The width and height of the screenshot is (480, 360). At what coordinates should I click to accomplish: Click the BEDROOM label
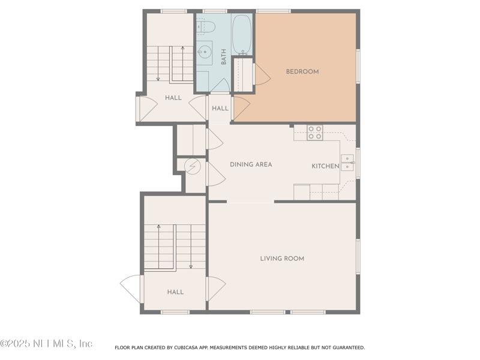[302, 71]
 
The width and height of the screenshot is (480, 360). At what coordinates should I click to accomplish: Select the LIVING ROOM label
[282, 259]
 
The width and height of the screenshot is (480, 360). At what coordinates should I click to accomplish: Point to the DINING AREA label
[251, 164]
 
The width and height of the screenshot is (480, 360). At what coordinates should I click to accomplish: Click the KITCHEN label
[325, 166]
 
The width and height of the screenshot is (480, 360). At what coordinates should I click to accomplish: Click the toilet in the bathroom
[205, 26]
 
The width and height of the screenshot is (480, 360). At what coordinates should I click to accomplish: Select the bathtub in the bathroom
[242, 35]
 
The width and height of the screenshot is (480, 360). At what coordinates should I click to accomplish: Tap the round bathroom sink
[205, 52]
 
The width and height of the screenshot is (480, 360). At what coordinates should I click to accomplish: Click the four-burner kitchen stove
[315, 133]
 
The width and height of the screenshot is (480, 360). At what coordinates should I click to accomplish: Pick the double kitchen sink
[347, 163]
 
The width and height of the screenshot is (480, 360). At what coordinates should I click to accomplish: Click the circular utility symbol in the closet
[192, 166]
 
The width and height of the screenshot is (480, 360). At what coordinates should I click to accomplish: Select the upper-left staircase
[170, 63]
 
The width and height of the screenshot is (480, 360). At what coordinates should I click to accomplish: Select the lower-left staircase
[175, 246]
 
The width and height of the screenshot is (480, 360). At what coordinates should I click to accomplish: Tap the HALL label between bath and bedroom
[220, 109]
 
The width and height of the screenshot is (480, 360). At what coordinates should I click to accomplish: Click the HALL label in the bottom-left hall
[175, 292]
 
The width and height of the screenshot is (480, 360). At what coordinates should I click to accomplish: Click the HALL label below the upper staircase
[173, 98]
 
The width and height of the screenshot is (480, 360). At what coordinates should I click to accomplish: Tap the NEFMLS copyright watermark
[46, 344]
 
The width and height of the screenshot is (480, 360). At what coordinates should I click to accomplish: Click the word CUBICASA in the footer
[188, 347]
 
